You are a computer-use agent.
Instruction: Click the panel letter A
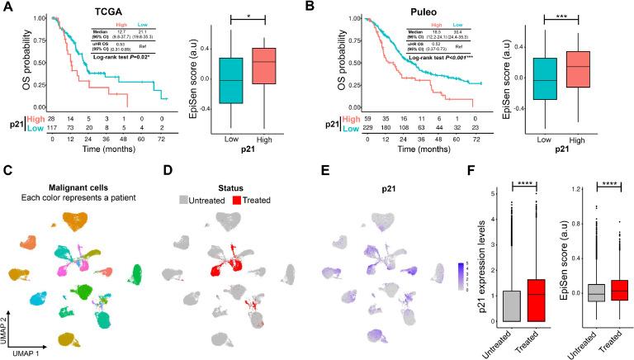(7, 8)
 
